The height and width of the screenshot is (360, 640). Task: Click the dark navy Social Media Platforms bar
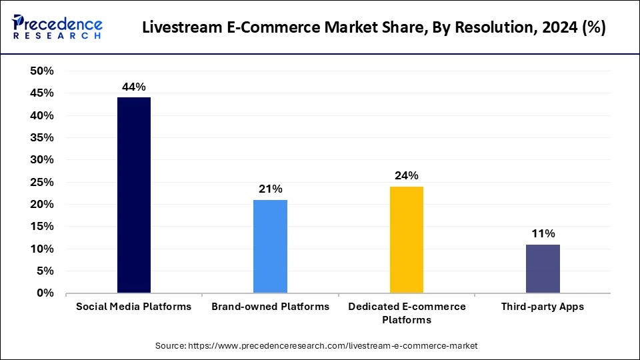[x=133, y=195]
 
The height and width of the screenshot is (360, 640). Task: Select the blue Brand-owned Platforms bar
[x=270, y=246]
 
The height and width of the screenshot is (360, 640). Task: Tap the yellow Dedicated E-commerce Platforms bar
[x=406, y=239]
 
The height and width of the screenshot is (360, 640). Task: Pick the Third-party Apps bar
[x=543, y=269]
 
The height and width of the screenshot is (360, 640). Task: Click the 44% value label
[x=133, y=87]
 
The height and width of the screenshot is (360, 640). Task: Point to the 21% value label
[x=270, y=189]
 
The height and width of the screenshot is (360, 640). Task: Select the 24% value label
[x=406, y=175]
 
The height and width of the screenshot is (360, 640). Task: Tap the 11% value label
[x=543, y=233]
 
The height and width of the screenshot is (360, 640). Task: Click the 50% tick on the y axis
[x=41, y=71]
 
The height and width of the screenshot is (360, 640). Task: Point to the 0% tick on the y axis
[x=45, y=293]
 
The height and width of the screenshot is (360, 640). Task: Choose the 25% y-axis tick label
[x=41, y=182]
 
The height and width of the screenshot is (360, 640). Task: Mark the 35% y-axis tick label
[x=41, y=138]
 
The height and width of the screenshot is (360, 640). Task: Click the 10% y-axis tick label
[x=41, y=249]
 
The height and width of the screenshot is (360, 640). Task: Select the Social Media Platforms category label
[x=133, y=307]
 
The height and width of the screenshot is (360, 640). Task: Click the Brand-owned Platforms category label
[x=270, y=307]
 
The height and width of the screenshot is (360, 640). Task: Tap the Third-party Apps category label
[x=543, y=307]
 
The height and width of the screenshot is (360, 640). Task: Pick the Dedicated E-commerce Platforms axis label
[x=406, y=313]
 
